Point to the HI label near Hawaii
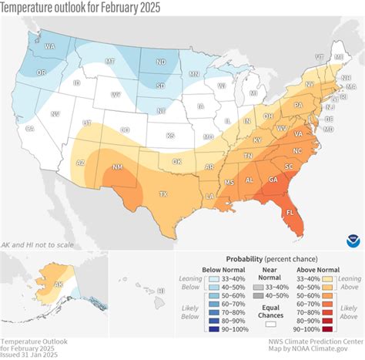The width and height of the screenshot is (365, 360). (x=160, y=291)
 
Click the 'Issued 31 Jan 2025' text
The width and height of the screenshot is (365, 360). (x=32, y=354)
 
